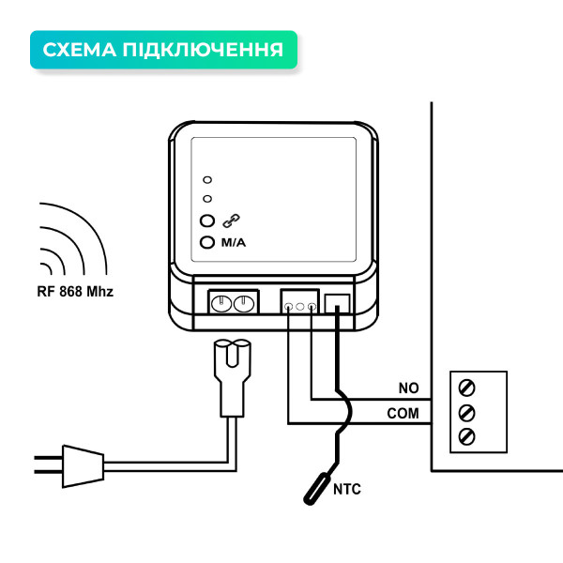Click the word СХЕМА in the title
pyautogui.click(x=80, y=50)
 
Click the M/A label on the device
pyautogui.click(x=233, y=244)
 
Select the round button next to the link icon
pyautogui.click(x=208, y=222)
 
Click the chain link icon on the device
pyautogui.click(x=231, y=221)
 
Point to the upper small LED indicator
pyautogui.click(x=207, y=178)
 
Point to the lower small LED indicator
pyautogui.click(x=207, y=198)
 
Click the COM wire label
pyautogui.click(x=403, y=413)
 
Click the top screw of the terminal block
pyautogui.click(x=465, y=387)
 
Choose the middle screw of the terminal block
pyautogui.click(x=465, y=412)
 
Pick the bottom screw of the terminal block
pyautogui.click(x=465, y=436)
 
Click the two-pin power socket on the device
pyautogui.click(x=231, y=303)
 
